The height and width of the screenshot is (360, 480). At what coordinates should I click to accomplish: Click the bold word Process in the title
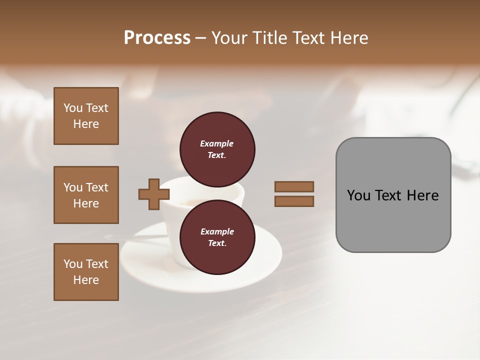tap(157, 38)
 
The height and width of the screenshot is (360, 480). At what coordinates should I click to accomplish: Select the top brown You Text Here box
tap(86, 116)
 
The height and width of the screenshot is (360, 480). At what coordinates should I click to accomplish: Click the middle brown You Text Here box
tap(86, 195)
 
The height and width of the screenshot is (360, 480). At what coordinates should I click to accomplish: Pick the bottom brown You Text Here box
tap(86, 271)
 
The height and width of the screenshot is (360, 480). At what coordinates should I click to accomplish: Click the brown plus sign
tap(154, 194)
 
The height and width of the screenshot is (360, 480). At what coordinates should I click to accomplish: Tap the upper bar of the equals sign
tap(294, 186)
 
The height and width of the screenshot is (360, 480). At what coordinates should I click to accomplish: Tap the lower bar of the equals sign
tap(294, 201)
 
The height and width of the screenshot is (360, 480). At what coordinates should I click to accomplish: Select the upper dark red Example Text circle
tap(217, 149)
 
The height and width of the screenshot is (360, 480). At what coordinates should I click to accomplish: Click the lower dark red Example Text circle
tap(217, 237)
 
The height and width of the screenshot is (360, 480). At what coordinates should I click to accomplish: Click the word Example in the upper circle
tap(217, 144)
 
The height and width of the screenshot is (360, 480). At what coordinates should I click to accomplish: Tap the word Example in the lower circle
tap(217, 232)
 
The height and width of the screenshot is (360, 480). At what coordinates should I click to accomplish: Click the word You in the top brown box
tap(73, 108)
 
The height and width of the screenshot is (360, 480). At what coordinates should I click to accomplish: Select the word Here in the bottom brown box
tap(86, 280)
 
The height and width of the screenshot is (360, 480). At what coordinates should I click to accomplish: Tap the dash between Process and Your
tap(200, 38)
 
